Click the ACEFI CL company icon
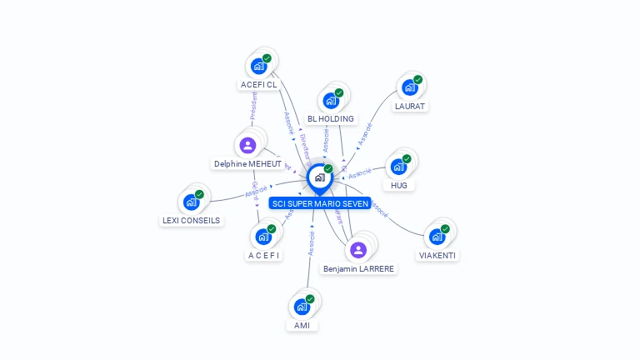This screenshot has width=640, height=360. [258, 66]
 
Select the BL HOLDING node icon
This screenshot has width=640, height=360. [330, 101]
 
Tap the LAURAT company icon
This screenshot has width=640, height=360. [409, 87]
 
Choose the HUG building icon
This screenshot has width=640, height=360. [398, 166]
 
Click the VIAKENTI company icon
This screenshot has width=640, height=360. [437, 236]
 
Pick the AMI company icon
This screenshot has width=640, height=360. [302, 306]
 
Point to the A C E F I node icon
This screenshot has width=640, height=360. [263, 236]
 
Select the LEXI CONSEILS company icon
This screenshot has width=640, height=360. [191, 202]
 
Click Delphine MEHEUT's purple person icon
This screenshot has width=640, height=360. [247, 145]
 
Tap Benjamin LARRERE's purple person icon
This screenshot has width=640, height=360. [358, 250]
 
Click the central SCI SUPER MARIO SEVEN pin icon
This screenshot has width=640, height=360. [319, 177]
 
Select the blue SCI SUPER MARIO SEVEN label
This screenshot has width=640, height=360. [320, 203]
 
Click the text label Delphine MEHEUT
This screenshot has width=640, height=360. [247, 164]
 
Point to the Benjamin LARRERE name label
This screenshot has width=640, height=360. [359, 268]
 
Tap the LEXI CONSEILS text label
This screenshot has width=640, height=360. [191, 221]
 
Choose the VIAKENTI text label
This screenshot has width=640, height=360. [437, 255]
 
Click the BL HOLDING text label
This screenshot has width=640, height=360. [331, 119]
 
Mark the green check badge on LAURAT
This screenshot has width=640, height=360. [417, 80]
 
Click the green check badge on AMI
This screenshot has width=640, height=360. [310, 298]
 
